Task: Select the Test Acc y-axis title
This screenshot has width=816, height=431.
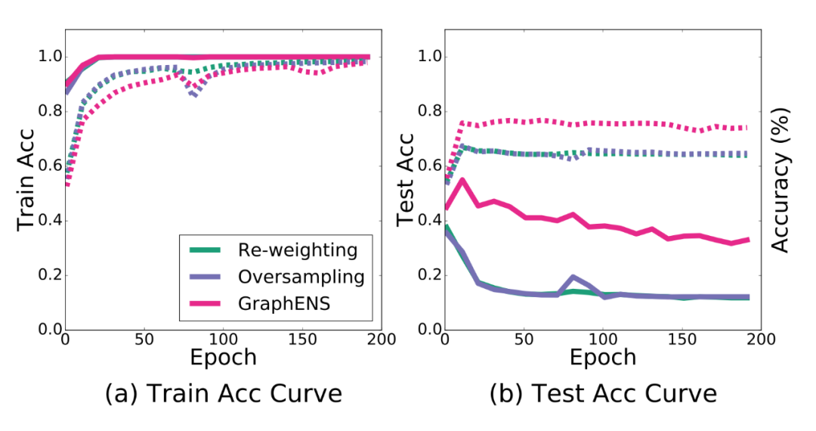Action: point(406,180)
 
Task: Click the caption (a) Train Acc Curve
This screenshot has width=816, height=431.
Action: point(224,395)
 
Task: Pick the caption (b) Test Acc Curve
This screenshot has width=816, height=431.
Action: point(603,395)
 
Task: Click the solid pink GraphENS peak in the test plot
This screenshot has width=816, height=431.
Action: point(462,180)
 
